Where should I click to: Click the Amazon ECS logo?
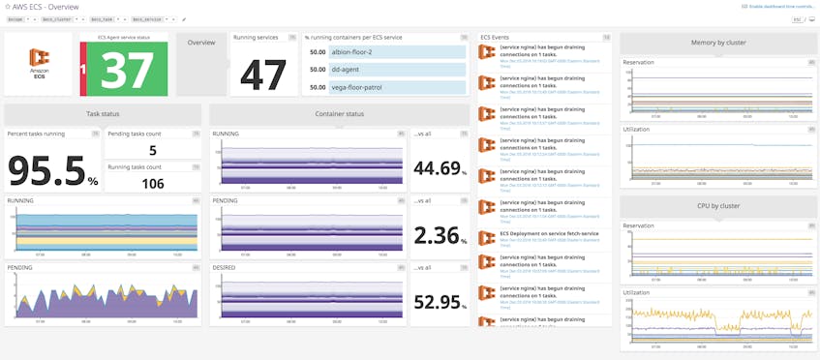[38, 64]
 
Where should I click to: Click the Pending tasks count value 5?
[152, 150]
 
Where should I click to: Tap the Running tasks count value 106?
[152, 183]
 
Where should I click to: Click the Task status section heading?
[102, 114]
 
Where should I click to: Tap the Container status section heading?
[341, 114]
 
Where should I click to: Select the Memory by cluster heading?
[717, 43]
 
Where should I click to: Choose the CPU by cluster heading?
[717, 206]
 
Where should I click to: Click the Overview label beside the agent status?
[201, 43]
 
